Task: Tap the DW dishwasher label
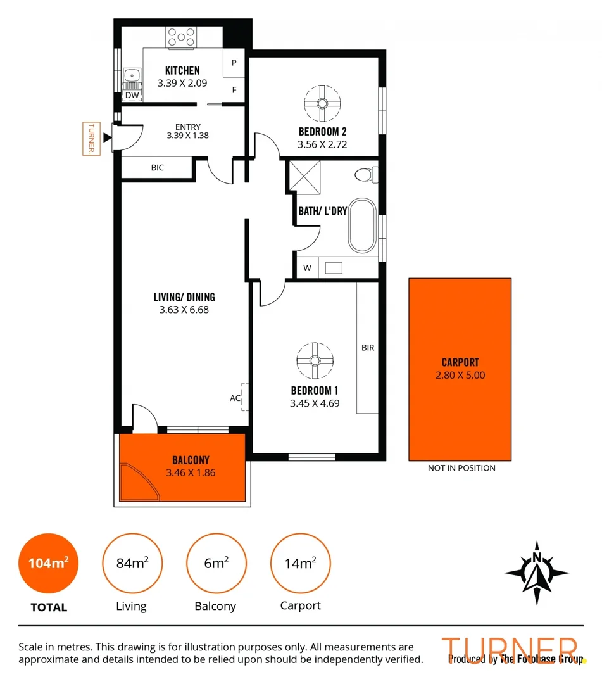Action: (132, 95)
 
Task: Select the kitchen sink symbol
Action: (132, 77)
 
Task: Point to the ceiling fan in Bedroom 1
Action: (315, 360)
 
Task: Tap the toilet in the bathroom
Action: (366, 173)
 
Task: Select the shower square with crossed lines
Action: (304, 176)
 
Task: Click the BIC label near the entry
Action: (158, 168)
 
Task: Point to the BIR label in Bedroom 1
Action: (368, 348)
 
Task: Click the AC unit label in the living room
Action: (235, 398)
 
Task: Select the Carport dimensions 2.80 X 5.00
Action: (460, 375)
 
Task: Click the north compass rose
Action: (537, 573)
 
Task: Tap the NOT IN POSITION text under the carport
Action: (461, 468)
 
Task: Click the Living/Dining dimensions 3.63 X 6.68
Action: (184, 310)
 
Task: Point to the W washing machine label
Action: (307, 268)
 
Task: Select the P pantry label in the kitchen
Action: (234, 63)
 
